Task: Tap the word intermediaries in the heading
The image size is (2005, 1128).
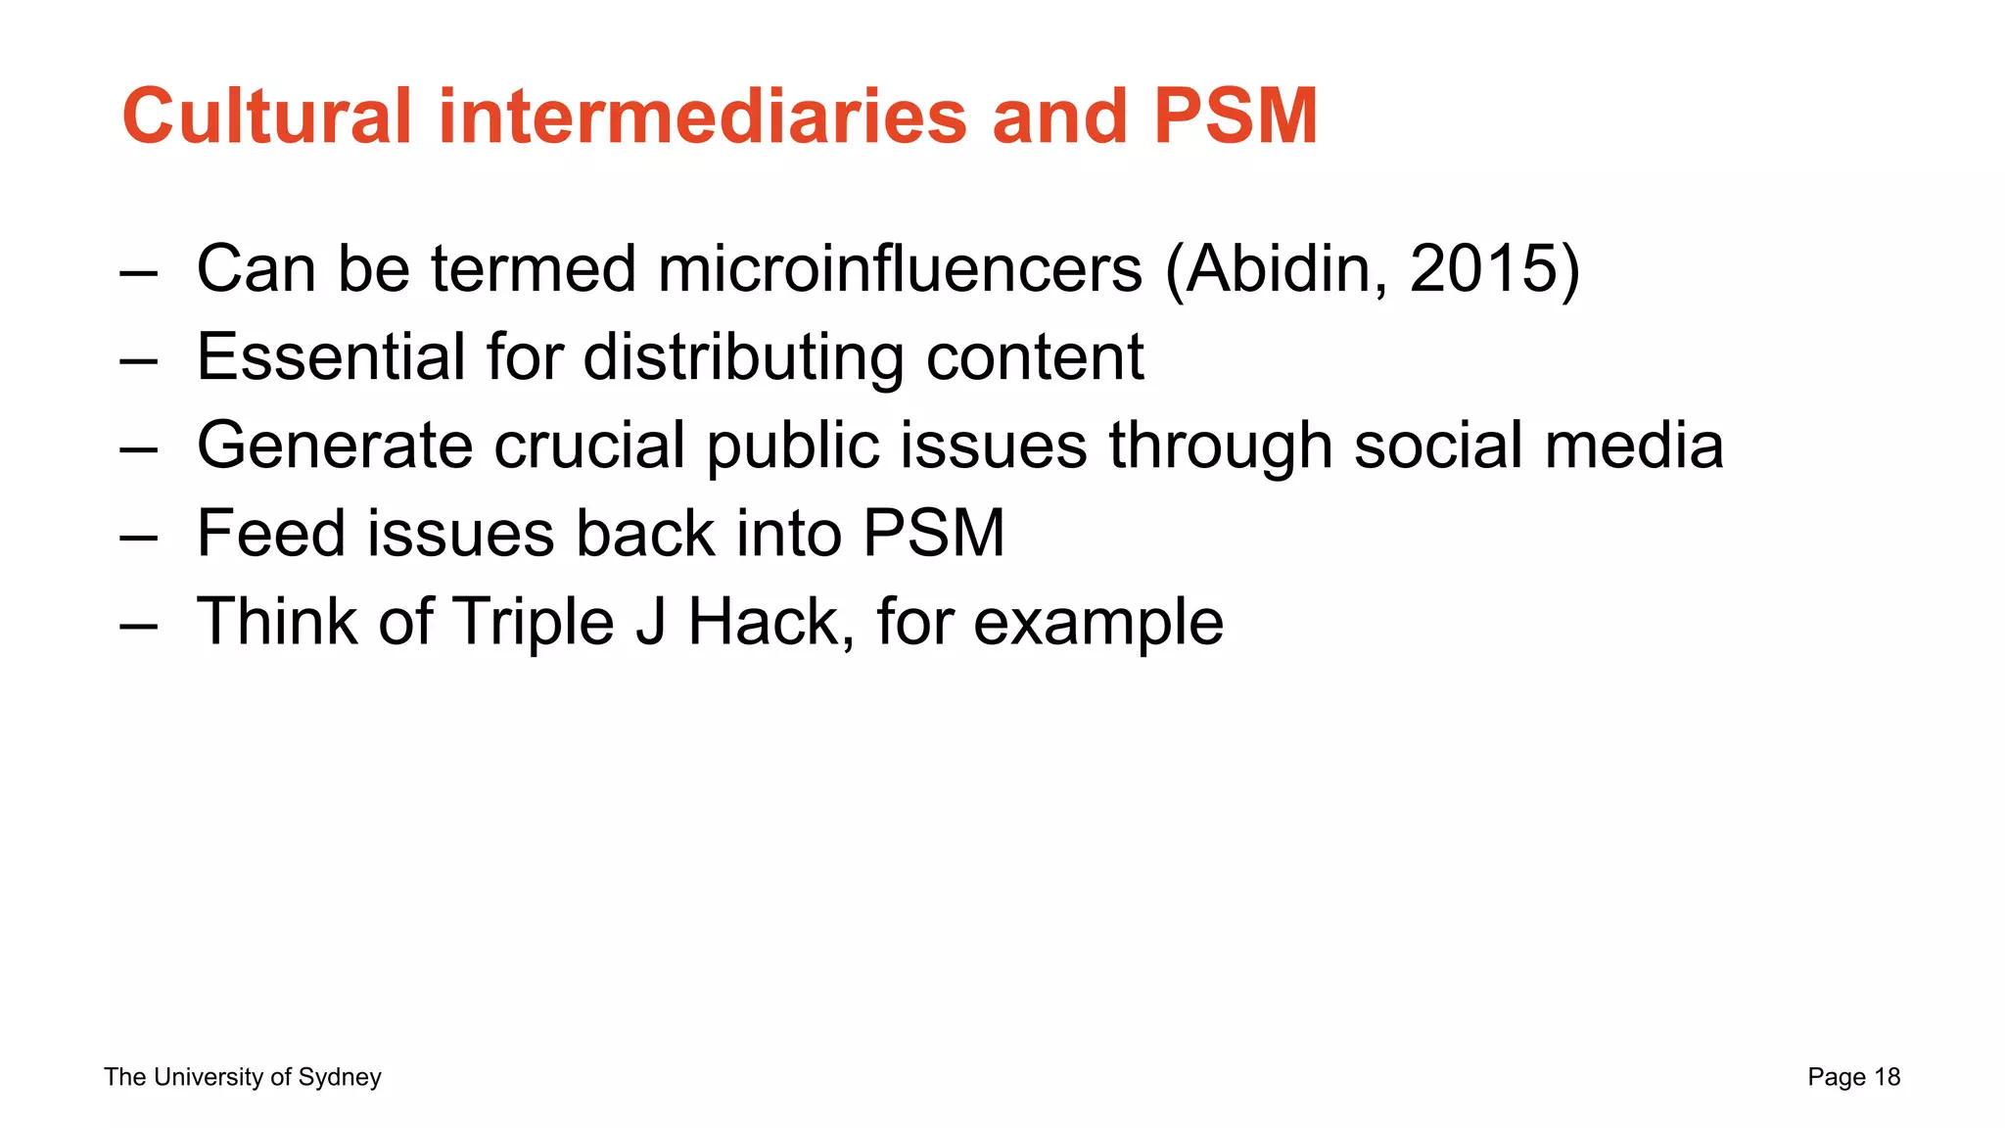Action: [x=703, y=117]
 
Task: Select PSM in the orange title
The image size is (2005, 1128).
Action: [x=1236, y=117]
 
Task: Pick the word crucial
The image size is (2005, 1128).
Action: [x=589, y=446]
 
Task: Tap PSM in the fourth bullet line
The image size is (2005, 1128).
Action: [x=933, y=534]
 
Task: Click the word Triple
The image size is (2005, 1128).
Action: [x=533, y=622]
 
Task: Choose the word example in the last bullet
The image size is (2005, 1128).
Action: [x=1098, y=624]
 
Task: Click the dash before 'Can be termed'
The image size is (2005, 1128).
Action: [x=138, y=271]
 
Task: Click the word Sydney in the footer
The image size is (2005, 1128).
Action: [x=340, y=1077]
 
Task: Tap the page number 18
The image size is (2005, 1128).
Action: [x=1887, y=1077]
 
